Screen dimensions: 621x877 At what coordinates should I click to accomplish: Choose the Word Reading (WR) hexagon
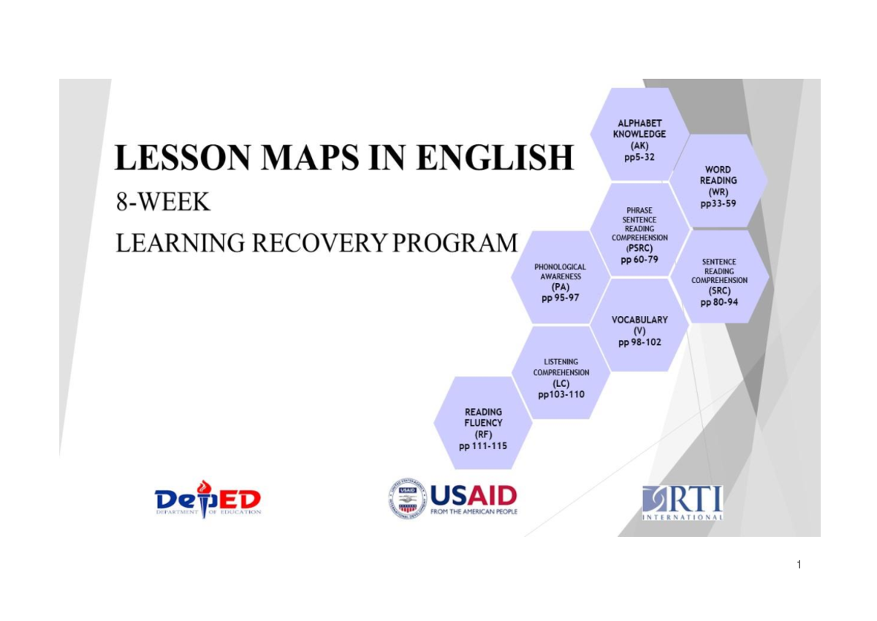point(718,181)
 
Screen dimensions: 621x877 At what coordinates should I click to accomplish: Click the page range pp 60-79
point(639,260)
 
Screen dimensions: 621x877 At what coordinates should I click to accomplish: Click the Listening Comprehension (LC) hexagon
point(561,373)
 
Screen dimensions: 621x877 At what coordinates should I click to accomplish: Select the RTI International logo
point(683,502)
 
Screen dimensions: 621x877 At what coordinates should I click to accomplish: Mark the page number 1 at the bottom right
point(800,564)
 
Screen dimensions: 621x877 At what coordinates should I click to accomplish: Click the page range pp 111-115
point(482,446)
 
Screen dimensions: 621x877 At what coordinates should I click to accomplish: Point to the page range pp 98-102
point(639,342)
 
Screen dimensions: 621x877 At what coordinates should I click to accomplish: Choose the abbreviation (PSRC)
point(639,248)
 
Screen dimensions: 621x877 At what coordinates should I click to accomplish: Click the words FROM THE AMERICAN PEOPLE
point(474,512)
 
